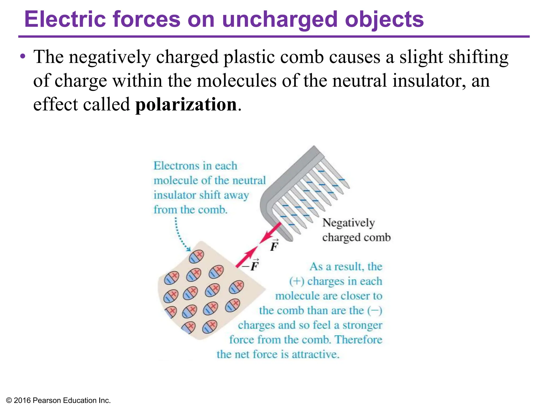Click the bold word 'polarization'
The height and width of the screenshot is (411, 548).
(x=186, y=104)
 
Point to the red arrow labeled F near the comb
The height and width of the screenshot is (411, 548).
(x=270, y=233)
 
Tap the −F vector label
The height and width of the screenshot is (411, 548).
(x=251, y=265)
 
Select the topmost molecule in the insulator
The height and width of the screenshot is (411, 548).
(x=196, y=257)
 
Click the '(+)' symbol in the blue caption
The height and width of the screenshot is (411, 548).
(x=296, y=281)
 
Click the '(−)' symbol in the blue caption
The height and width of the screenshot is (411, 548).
(x=375, y=311)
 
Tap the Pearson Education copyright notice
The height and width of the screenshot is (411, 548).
(x=58, y=400)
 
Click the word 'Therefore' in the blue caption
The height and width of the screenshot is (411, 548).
(x=359, y=340)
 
